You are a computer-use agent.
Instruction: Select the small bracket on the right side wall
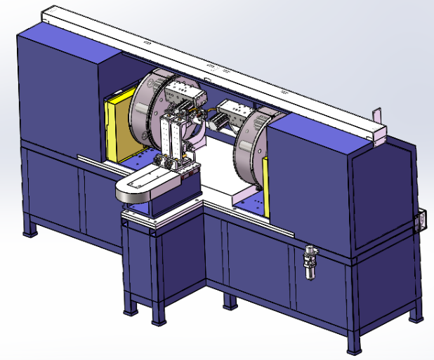(421, 220)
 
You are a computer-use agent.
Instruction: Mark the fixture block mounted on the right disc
(232, 112)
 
